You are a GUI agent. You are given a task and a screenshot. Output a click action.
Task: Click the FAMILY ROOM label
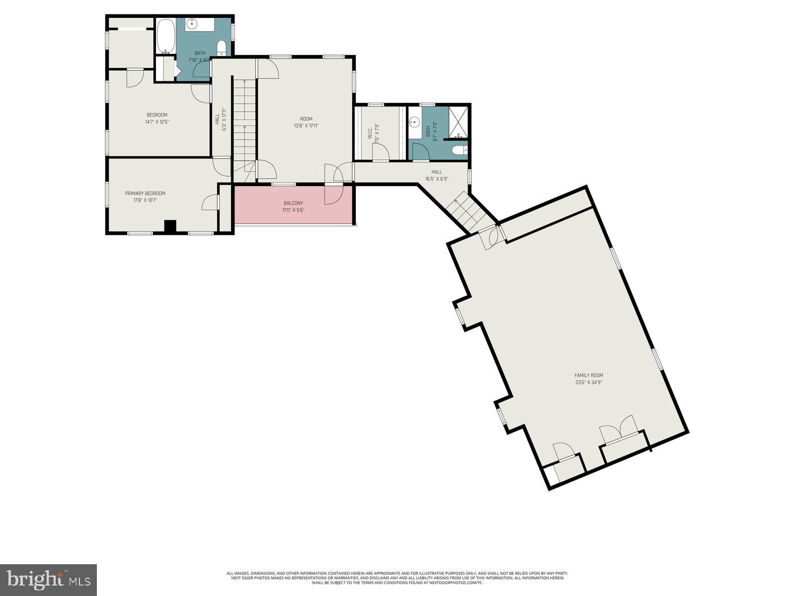coord(588,375)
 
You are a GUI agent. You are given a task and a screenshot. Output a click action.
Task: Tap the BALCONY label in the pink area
coord(293,203)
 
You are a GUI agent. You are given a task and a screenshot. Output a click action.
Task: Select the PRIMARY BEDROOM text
coord(145,193)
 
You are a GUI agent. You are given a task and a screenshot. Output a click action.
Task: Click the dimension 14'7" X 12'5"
coord(157,122)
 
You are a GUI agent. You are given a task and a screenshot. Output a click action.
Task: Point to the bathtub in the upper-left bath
coord(165,36)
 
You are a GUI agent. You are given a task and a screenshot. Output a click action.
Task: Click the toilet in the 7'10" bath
coord(222,48)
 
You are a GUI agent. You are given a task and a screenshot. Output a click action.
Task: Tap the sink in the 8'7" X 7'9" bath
coord(414,121)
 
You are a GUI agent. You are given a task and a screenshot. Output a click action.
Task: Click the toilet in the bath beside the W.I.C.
coord(459,150)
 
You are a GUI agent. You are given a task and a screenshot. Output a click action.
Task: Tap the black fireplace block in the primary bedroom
coord(170,226)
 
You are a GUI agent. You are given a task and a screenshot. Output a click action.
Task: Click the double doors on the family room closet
coord(619,429)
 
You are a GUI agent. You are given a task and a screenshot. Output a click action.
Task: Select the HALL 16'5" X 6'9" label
coord(436,175)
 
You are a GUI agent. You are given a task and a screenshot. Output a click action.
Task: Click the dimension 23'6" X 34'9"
coord(589,382)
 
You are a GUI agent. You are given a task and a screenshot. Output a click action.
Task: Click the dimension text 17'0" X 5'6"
coord(293,210)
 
